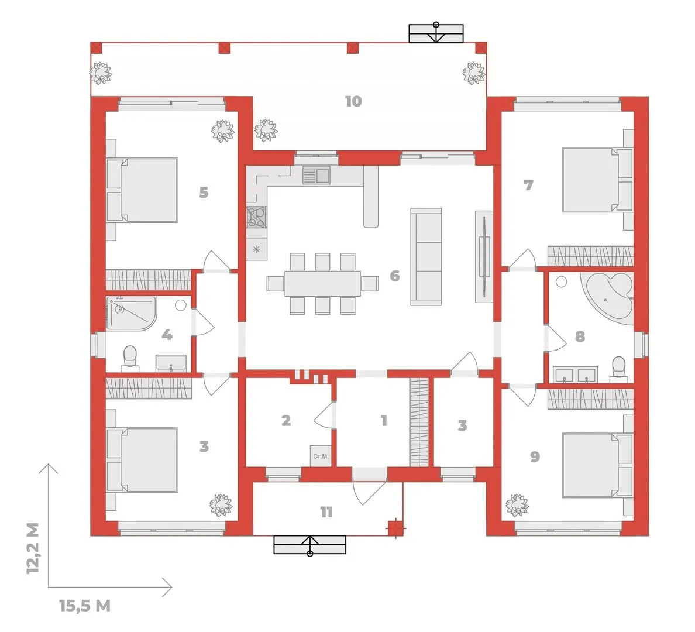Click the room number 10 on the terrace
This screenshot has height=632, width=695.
[353, 101]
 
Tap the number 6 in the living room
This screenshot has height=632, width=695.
[394, 276]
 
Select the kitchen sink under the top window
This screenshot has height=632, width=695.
[316, 175]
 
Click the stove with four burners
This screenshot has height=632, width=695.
[257, 217]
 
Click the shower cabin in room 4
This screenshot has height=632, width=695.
[131, 313]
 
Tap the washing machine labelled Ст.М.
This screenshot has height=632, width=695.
[320, 455]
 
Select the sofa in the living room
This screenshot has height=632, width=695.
[426, 257]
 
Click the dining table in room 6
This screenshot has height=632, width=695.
[323, 283]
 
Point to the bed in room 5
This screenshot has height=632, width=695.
[142, 190]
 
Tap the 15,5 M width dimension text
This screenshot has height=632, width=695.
[85, 606]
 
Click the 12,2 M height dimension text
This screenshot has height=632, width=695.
[33, 548]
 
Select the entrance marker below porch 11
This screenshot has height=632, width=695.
[310, 545]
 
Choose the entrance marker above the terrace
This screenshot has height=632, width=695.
[436, 33]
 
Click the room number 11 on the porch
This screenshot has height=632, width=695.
[326, 512]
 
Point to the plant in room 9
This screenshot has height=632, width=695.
[517, 505]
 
